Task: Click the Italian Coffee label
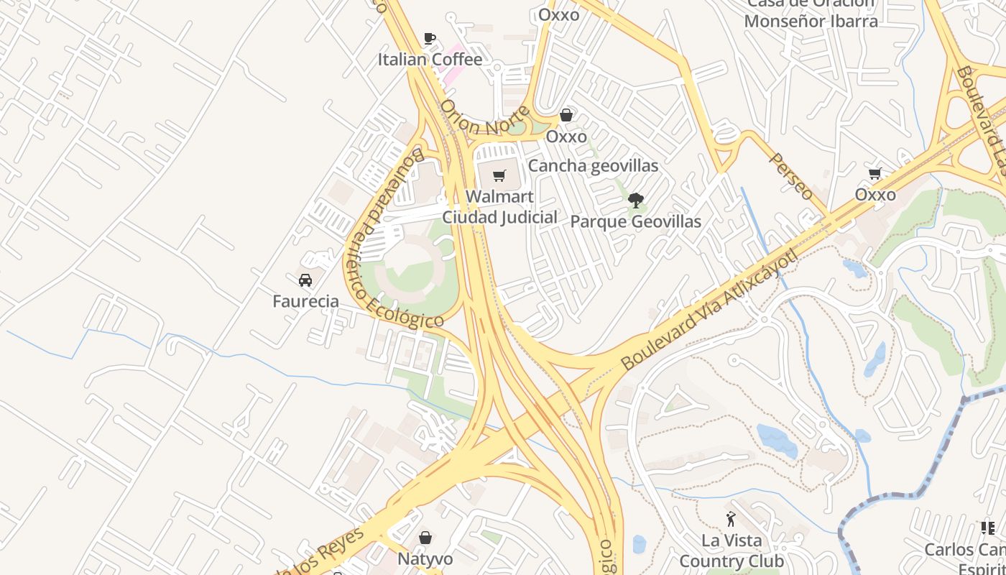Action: pyautogui.click(x=430, y=60)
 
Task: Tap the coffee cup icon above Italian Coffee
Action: pyautogui.click(x=430, y=38)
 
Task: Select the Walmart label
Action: pyautogui.click(x=499, y=197)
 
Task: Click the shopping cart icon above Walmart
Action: pyautogui.click(x=499, y=175)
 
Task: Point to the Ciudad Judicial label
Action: pyautogui.click(x=499, y=217)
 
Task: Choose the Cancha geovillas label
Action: pyautogui.click(x=593, y=166)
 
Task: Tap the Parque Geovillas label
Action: pyautogui.click(x=635, y=221)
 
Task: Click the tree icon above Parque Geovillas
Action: pyautogui.click(x=635, y=200)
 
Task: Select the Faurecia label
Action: pyautogui.click(x=305, y=301)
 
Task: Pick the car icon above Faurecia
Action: pyautogui.click(x=305, y=280)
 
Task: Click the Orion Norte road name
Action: pyautogui.click(x=485, y=119)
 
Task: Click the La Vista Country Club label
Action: pyautogui.click(x=731, y=551)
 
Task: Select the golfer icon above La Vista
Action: pyautogui.click(x=731, y=518)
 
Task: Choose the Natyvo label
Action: pyautogui.click(x=425, y=559)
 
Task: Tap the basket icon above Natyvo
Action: pyautogui.click(x=425, y=538)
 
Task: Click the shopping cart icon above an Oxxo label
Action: pyautogui.click(x=875, y=173)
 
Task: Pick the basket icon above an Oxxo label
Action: pyautogui.click(x=566, y=115)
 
